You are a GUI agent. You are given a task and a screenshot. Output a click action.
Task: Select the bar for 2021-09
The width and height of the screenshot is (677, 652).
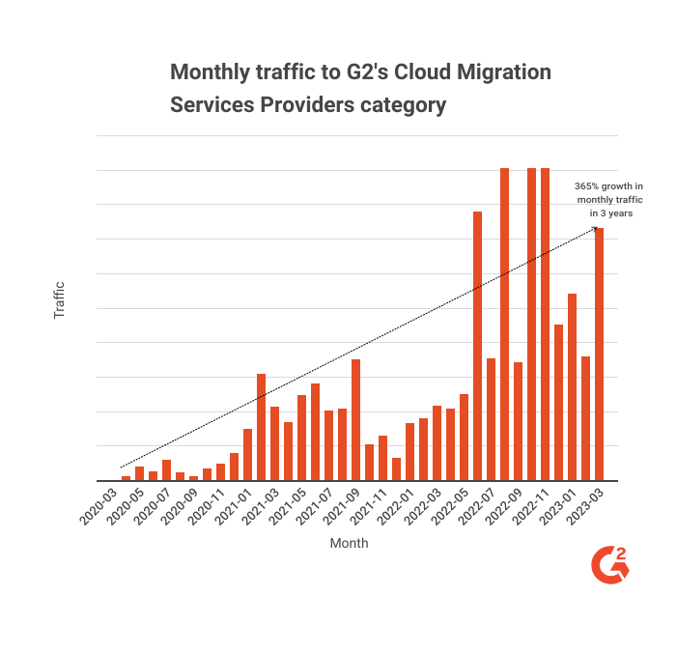pyautogui.click(x=355, y=419)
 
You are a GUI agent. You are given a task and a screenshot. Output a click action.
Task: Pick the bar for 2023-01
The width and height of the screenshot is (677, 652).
pyautogui.click(x=572, y=386)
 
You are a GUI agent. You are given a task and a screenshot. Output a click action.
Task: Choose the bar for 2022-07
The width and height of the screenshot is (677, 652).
pyautogui.click(x=491, y=419)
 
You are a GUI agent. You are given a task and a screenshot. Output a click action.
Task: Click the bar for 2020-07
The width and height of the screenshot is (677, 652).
pyautogui.click(x=166, y=469)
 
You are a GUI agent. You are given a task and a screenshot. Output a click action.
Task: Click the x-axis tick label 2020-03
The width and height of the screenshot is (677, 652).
pyautogui.click(x=100, y=505)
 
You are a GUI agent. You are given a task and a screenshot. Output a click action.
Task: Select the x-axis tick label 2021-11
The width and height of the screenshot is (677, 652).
pyautogui.click(x=371, y=505)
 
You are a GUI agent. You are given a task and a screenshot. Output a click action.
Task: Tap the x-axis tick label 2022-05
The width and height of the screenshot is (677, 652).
pyautogui.click(x=452, y=505)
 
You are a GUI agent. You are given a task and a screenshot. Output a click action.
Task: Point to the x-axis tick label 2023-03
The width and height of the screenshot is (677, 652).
pyautogui.click(x=587, y=505)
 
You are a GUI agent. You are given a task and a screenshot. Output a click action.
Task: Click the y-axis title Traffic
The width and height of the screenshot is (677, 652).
pyautogui.click(x=59, y=299)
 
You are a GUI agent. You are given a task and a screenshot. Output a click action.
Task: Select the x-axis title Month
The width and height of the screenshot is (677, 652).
pyautogui.click(x=349, y=544)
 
